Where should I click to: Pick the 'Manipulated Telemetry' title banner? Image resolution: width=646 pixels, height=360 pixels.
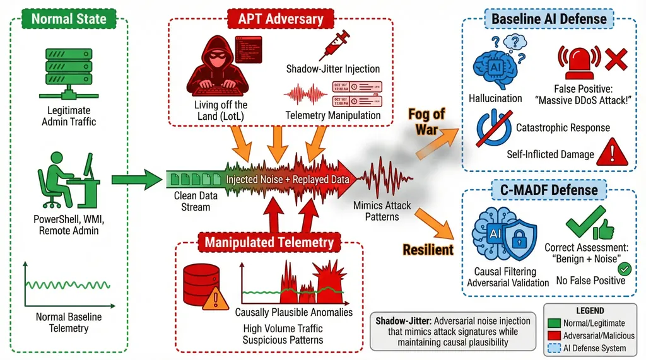[x=269, y=241]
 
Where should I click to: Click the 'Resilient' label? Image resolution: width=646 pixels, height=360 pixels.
[x=428, y=250]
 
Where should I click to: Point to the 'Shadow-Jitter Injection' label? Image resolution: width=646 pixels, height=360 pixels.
[x=332, y=68]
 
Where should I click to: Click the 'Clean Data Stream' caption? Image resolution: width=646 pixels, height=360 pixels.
[x=196, y=201]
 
